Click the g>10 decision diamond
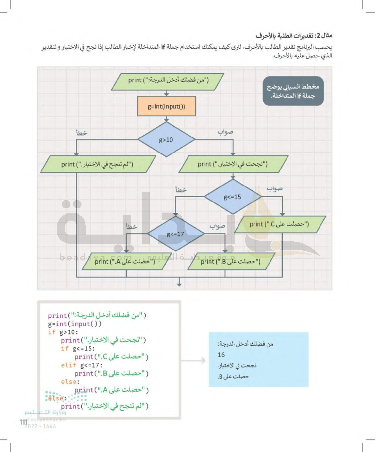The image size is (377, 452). point(166,140)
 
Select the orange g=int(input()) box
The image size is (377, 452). point(166,106)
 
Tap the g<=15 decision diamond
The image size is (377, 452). point(233,197)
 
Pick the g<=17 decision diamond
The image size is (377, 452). point(175,234)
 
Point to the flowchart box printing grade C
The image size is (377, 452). point(280,224)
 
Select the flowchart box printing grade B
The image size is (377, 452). point(231,261)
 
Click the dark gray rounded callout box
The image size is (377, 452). point(293,91)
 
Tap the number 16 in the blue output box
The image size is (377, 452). point(221,355)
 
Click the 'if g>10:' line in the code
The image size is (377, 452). point(63,332)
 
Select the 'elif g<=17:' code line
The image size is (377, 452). point(82,365)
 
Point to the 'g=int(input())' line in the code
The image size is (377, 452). point(75,324)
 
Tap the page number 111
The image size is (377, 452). point(24,422)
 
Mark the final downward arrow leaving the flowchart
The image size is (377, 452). point(179,283)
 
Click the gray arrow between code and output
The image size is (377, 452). point(194,360)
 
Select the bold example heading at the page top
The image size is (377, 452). point(294,35)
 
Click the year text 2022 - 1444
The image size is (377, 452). point(40,426)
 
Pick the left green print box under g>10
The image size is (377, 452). point(97,164)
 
